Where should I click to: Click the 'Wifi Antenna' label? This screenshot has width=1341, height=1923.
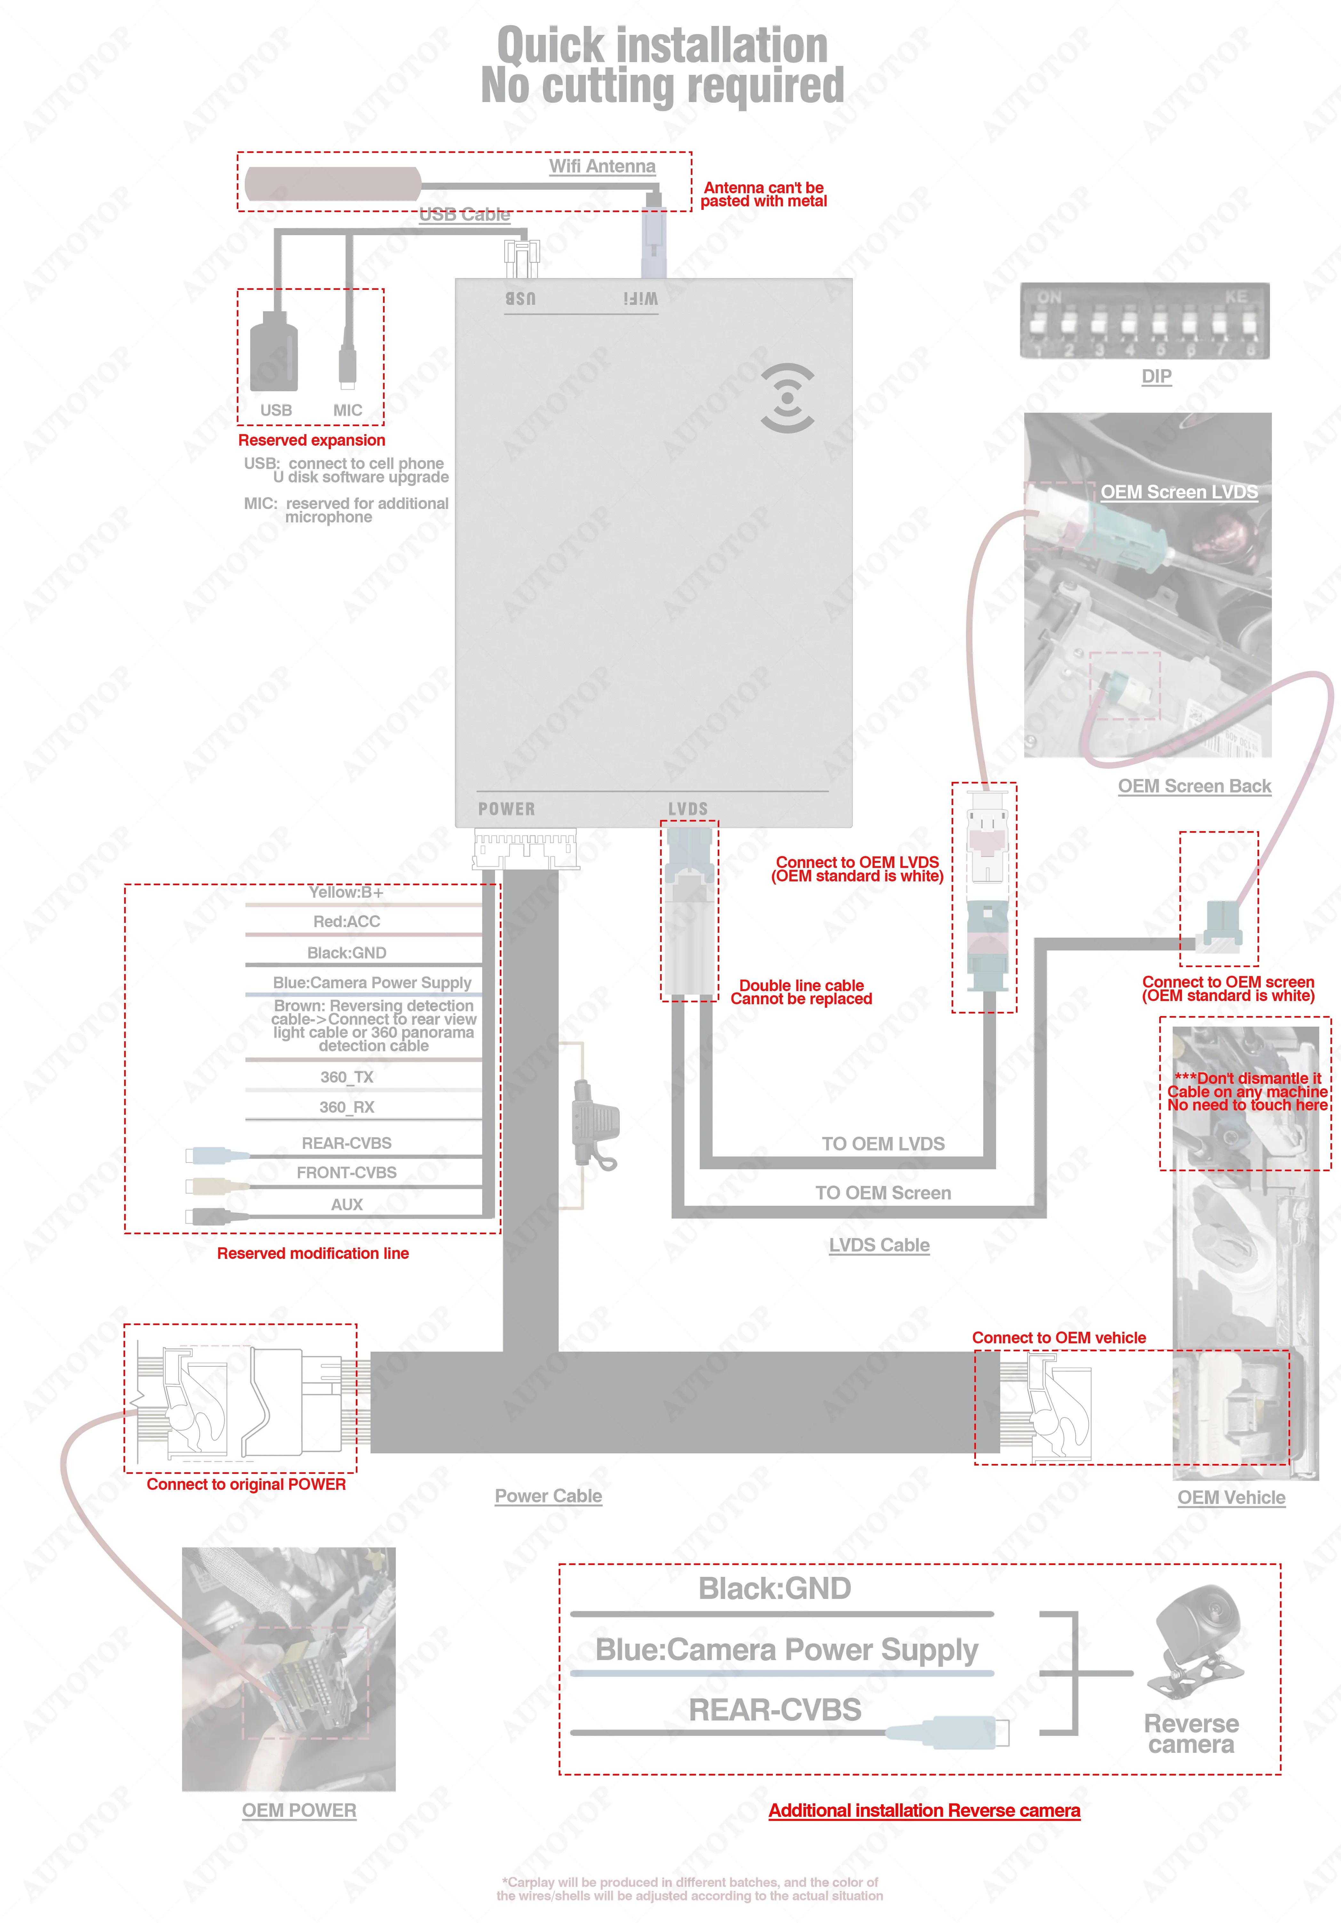click(602, 166)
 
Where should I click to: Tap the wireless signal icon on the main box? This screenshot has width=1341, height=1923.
click(787, 398)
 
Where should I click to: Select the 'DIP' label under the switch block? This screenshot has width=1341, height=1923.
click(1157, 376)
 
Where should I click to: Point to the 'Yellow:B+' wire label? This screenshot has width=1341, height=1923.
click(346, 892)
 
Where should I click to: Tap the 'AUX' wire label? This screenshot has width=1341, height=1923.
click(347, 1204)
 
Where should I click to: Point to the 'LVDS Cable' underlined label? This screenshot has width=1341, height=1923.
click(880, 1245)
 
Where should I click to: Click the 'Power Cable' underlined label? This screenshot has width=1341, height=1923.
click(549, 1496)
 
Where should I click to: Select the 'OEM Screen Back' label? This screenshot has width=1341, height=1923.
click(1194, 786)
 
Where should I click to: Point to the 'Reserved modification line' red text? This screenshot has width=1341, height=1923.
click(313, 1253)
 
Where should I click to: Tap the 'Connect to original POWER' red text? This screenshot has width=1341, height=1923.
click(246, 1484)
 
